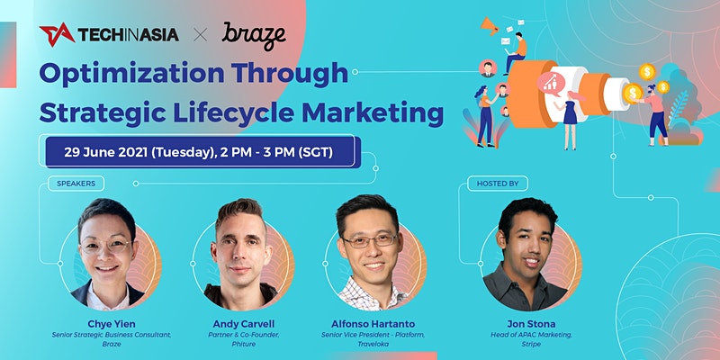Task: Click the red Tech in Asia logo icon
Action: tap(57, 34)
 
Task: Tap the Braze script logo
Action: tap(254, 35)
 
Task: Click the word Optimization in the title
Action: tap(131, 74)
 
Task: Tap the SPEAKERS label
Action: tap(76, 184)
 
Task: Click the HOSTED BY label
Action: tap(498, 184)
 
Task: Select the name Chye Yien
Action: tap(112, 324)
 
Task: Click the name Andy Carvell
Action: tap(244, 324)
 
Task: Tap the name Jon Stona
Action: tap(531, 324)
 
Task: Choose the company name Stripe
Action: tap(531, 344)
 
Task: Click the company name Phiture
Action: tap(244, 344)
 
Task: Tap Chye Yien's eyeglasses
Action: tap(106, 247)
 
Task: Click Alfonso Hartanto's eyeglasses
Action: tap(370, 239)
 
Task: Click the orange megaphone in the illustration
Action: tap(489, 26)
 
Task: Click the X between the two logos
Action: tap(200, 35)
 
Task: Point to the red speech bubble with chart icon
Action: tap(551, 84)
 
